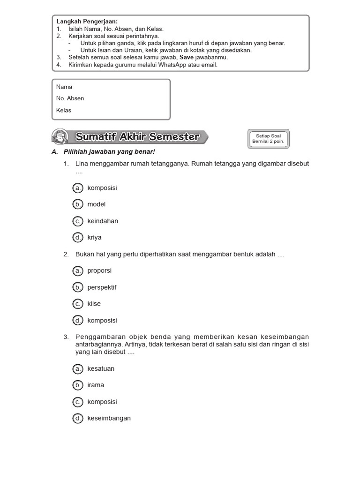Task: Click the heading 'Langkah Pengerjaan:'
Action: pos(87,22)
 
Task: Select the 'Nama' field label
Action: pos(64,87)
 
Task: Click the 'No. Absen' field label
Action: pos(70,98)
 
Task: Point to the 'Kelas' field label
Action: pos(64,110)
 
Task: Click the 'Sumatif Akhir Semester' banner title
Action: pos(137,137)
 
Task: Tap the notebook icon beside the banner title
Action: pos(60,137)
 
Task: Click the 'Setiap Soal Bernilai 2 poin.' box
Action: pos(268,138)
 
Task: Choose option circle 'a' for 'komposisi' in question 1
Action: pos(78,188)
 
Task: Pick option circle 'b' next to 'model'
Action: pos(78,204)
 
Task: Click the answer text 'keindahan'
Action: pos(103,221)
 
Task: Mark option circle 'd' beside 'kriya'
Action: pos(78,237)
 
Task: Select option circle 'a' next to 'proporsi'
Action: pos(78,270)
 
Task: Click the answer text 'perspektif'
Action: pos(102,287)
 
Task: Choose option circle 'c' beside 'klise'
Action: pos(78,304)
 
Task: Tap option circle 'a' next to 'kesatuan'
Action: pos(78,368)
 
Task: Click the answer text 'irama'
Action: pos(96,385)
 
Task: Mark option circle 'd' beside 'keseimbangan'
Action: pos(78,418)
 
